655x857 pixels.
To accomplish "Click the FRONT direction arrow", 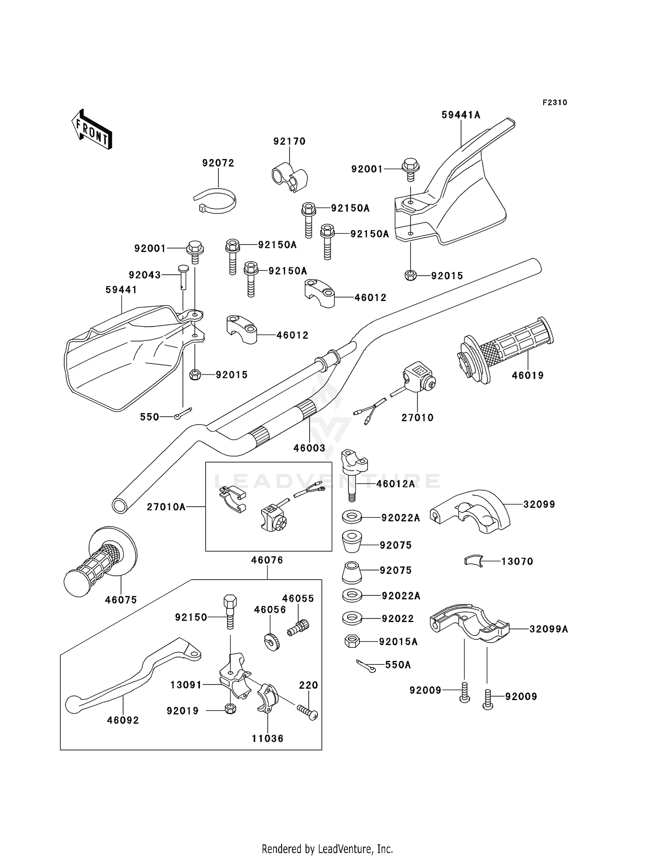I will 92,130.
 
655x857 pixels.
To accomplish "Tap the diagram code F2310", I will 555,103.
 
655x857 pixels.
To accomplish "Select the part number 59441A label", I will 461,115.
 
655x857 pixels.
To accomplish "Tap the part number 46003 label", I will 309,448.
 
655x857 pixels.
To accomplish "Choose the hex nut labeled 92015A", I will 352,641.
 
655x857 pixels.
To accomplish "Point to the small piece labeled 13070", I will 473,561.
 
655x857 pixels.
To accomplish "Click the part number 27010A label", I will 166,507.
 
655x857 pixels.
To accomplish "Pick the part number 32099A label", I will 548,629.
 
